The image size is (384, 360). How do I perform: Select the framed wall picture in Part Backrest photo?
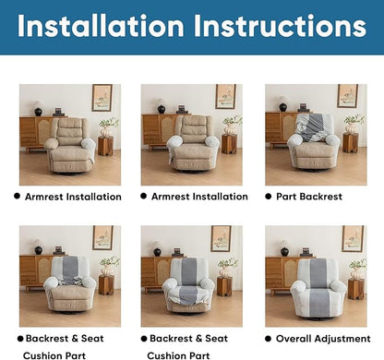347,96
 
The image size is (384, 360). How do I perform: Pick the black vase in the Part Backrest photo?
282,108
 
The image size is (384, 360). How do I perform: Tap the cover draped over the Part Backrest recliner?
316,129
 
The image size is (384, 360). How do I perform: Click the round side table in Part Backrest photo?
350,144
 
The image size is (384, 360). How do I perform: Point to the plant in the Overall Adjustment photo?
356,265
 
